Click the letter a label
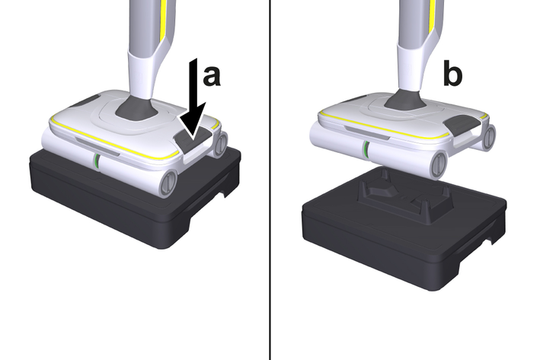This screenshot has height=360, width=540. (x=212, y=76)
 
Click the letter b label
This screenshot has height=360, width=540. (x=452, y=74)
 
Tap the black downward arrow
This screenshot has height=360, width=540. (x=194, y=100)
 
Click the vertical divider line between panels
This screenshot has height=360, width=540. (x=270, y=180)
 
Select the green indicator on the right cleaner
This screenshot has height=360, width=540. (x=366, y=149)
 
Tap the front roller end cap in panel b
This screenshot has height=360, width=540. (x=439, y=165)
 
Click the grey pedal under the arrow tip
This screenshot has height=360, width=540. (x=191, y=137)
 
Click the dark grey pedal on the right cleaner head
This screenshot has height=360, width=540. (x=463, y=123)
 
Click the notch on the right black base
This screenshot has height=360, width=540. (x=490, y=241)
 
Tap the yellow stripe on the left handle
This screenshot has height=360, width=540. (x=163, y=21)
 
